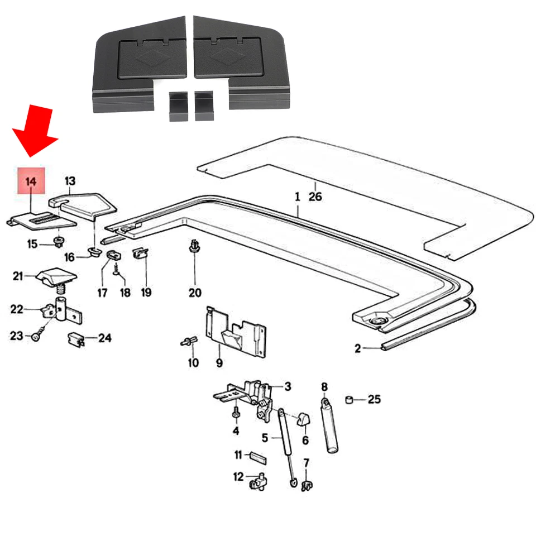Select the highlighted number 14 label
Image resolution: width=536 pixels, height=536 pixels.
click(x=31, y=181)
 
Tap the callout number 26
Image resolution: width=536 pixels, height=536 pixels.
click(x=315, y=197)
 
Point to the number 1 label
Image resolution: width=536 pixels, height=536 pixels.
click(x=298, y=197)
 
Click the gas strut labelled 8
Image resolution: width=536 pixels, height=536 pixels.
click(x=330, y=424)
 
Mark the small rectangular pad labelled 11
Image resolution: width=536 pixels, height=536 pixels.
click(x=257, y=456)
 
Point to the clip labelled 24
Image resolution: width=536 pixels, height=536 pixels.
click(x=76, y=338)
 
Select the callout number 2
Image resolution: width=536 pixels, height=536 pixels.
click(x=357, y=349)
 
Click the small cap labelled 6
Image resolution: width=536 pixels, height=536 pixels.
click(x=304, y=418)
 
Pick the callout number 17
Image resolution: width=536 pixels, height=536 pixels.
click(x=102, y=292)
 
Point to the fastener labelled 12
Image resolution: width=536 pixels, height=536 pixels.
click(x=259, y=481)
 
